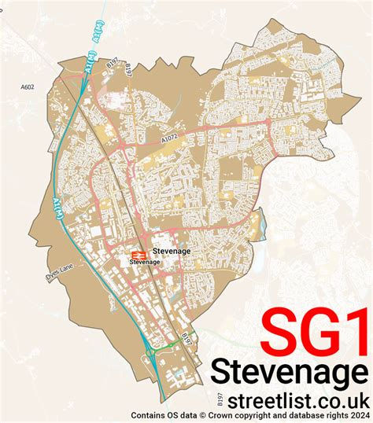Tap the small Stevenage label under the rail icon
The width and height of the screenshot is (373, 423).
pyautogui.click(x=146, y=262)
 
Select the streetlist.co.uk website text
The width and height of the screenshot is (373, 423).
pyautogui.click(x=287, y=398)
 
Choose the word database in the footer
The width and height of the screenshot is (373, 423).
pyautogui.click(x=296, y=415)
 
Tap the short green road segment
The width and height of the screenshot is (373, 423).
pyautogui.click(x=167, y=346)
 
